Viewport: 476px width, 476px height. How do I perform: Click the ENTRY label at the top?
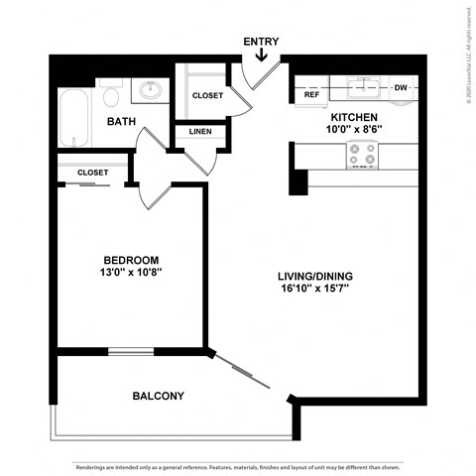tap(261, 42)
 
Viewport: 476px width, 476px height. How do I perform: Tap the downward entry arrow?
tap(261, 57)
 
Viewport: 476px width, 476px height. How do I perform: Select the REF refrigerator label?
tap(311, 95)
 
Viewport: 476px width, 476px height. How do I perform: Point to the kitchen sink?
tap(364, 87)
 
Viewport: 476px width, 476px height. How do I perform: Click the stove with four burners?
tap(362, 154)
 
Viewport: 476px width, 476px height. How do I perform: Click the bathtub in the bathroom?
tap(74, 116)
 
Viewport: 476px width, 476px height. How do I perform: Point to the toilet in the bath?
tap(111, 95)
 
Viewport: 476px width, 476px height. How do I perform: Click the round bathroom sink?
tap(151, 91)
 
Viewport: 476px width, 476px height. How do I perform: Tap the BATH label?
tap(121, 122)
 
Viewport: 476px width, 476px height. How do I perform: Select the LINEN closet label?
tap(199, 132)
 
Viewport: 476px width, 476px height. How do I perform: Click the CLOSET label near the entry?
tap(207, 96)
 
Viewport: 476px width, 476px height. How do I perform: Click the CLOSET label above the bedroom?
tap(92, 173)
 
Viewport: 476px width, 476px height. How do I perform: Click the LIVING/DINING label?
tap(316, 276)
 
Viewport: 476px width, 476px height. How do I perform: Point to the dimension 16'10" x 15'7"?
tap(316, 290)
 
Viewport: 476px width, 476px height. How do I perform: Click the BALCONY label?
tap(158, 396)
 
